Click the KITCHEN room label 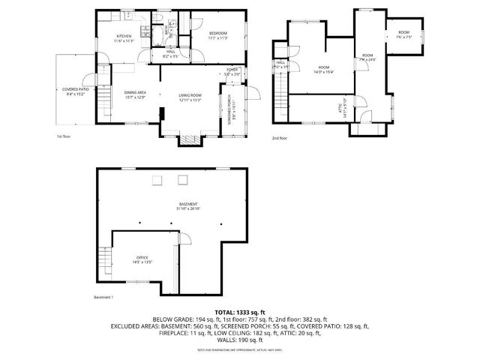click(x=123, y=37)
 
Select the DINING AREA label click(x=135, y=92)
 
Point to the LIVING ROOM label click(x=190, y=94)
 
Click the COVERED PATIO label click(x=76, y=89)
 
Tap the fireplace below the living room click(x=188, y=139)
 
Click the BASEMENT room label click(x=188, y=204)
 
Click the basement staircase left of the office click(x=103, y=262)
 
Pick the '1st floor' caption click(x=65, y=136)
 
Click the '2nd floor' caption click(x=280, y=137)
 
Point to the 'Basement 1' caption click(x=103, y=298)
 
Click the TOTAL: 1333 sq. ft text click(x=239, y=311)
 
